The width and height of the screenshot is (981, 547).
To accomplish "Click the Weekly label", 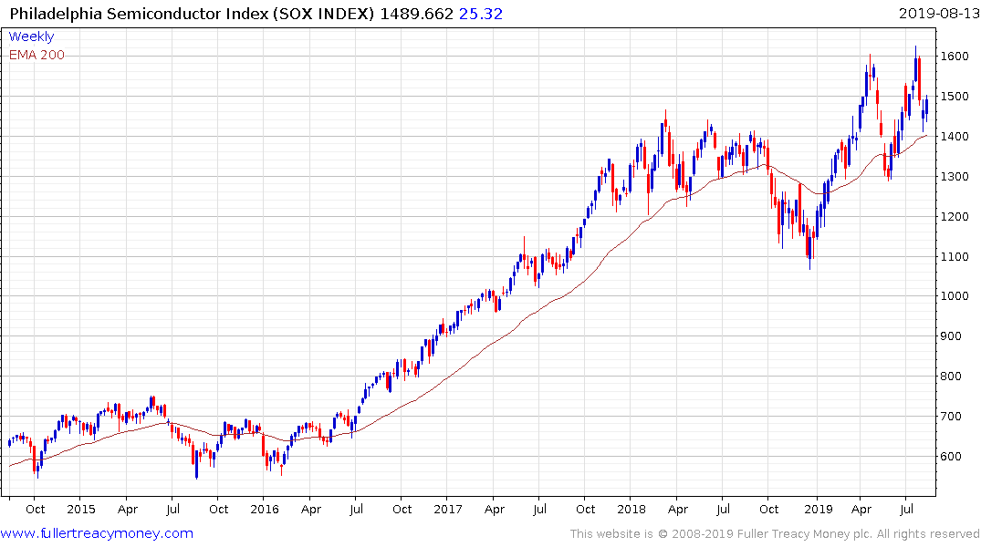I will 31,36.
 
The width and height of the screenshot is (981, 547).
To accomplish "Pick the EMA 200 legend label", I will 37,55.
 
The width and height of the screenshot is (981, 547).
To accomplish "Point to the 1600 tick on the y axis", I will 955,57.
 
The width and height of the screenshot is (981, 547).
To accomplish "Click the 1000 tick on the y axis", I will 955,296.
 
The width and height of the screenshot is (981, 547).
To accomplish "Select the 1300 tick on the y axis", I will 955,176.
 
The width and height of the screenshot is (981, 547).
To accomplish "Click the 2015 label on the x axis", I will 80,510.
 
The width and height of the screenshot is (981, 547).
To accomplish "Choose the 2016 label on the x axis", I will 264,510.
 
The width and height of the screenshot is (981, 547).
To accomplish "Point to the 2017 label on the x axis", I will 448,510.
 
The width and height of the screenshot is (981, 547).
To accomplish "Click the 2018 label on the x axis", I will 631,510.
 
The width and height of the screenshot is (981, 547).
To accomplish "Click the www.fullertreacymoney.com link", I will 97,533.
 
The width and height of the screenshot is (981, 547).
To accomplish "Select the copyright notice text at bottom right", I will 775,534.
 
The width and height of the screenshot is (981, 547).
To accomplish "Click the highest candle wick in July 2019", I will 915,48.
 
